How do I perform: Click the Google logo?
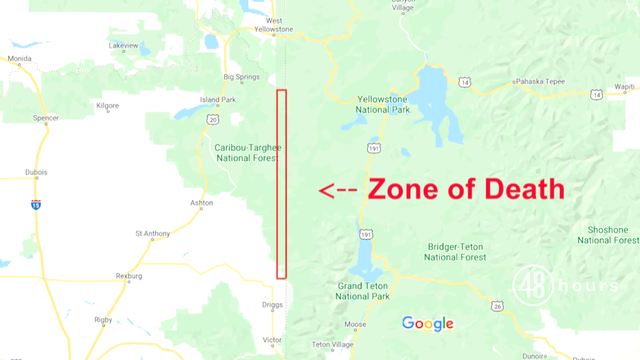428,323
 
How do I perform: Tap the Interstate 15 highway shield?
36,204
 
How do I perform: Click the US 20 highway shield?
213,119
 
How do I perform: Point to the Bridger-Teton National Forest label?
456,251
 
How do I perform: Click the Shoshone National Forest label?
607,235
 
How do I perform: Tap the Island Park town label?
217,100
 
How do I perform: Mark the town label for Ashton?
201,203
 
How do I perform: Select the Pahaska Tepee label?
540,83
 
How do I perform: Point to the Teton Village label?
334,344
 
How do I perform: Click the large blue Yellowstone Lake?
438,95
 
